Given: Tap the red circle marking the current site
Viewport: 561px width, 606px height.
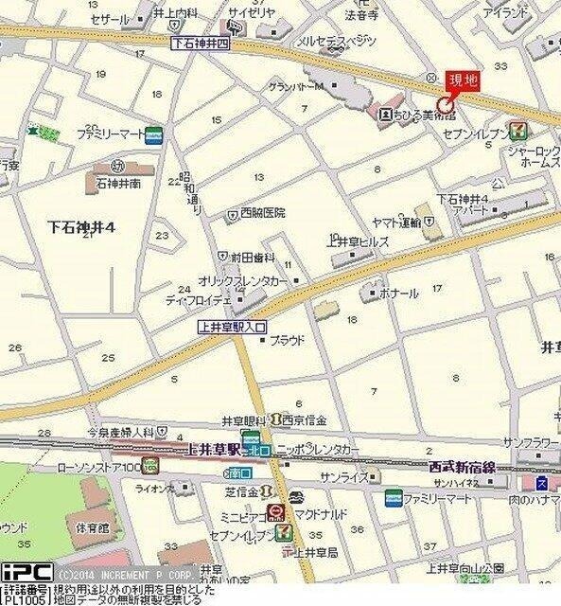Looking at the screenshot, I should coord(445,104).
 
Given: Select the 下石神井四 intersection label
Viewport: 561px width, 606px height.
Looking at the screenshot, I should coord(200,44).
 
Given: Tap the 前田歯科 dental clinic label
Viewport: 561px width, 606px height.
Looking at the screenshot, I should coord(253,257).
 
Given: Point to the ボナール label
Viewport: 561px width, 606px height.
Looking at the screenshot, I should coord(398,294).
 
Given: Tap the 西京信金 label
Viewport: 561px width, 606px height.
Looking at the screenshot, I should coord(305,419).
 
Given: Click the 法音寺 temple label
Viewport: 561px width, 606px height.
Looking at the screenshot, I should coord(360,16).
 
